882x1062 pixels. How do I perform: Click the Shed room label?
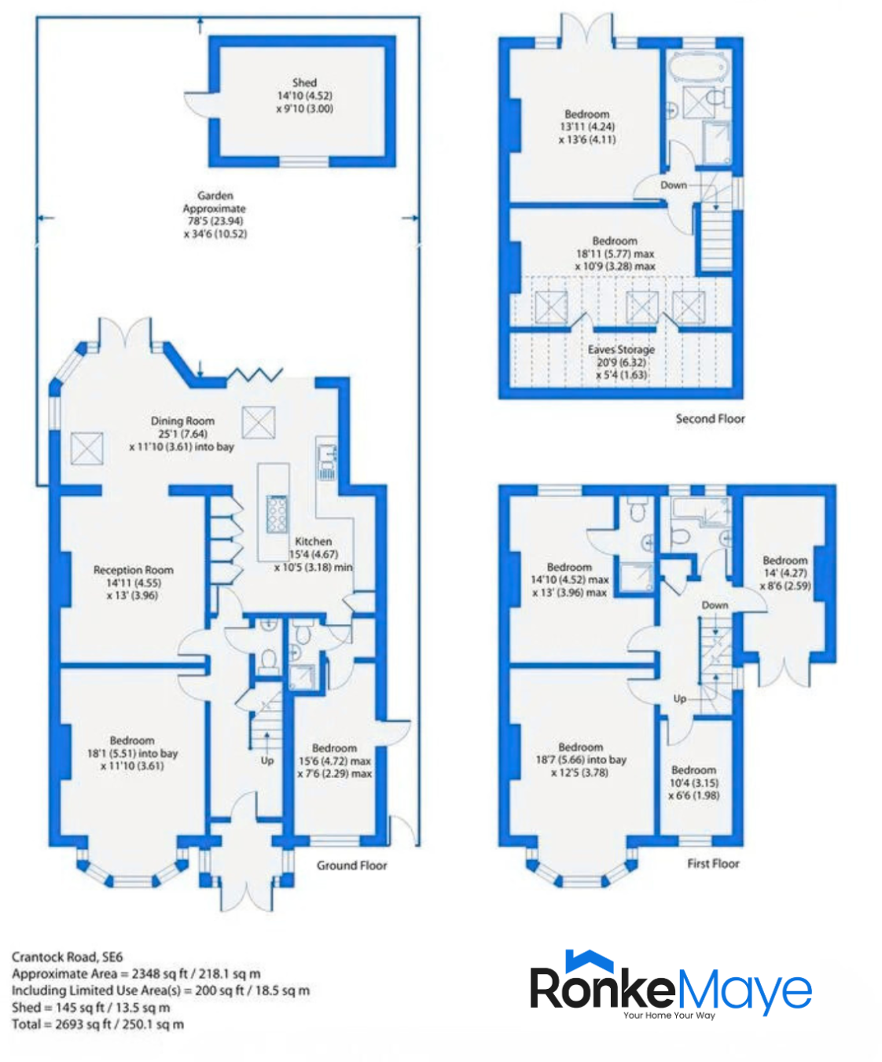coord(304,83)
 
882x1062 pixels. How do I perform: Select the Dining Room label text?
coord(182,421)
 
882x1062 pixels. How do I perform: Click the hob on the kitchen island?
coord(277,514)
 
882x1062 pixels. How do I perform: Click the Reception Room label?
coord(133,570)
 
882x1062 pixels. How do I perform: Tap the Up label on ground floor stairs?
coord(267,760)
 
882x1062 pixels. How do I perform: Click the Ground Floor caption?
coord(351,865)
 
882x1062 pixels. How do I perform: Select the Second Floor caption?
coord(710,419)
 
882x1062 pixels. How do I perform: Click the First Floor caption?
coord(713,863)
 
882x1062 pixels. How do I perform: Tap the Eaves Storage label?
coord(621,349)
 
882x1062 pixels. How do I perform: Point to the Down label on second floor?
coord(674,185)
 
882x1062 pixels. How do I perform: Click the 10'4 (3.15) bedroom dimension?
coord(693,783)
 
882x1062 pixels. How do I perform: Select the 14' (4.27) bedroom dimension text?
coord(785,573)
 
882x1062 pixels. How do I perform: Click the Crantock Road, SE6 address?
coord(68,957)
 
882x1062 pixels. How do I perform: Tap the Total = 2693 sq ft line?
coord(97,1024)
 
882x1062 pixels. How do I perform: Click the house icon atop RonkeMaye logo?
coord(589,961)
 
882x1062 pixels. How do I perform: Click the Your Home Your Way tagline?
coord(669,1016)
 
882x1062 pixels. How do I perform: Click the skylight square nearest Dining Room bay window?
coord(86,449)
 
